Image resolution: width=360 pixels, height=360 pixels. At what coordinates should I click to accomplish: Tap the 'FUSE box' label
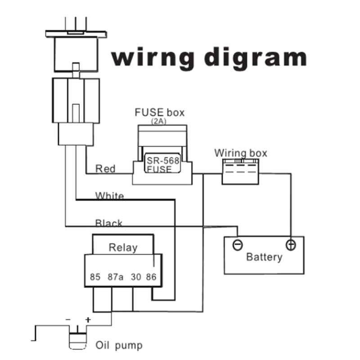(x=160, y=112)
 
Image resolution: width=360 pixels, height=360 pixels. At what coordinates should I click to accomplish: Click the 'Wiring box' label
(x=240, y=153)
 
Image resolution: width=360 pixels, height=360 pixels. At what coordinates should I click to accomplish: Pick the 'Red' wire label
(x=105, y=169)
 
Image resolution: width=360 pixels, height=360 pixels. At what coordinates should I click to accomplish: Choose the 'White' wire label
(x=109, y=196)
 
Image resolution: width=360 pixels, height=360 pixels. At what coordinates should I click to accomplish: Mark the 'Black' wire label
(x=109, y=223)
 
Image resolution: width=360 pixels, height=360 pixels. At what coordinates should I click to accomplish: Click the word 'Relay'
(x=123, y=247)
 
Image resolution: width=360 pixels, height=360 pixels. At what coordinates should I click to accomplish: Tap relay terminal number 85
(x=95, y=277)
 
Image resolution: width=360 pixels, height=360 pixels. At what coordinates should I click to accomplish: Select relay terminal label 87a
(x=115, y=277)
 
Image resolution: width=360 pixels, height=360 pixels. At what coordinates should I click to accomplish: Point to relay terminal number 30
(x=136, y=277)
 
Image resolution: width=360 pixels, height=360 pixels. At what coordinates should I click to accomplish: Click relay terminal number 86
(x=151, y=277)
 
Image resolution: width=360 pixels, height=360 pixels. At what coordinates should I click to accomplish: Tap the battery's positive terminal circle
(x=291, y=245)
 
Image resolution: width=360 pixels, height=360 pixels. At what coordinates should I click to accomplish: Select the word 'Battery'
(x=264, y=257)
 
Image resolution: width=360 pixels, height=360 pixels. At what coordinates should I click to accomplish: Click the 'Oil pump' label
(x=119, y=346)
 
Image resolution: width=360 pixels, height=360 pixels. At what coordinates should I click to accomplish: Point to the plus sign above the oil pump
(x=88, y=320)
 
